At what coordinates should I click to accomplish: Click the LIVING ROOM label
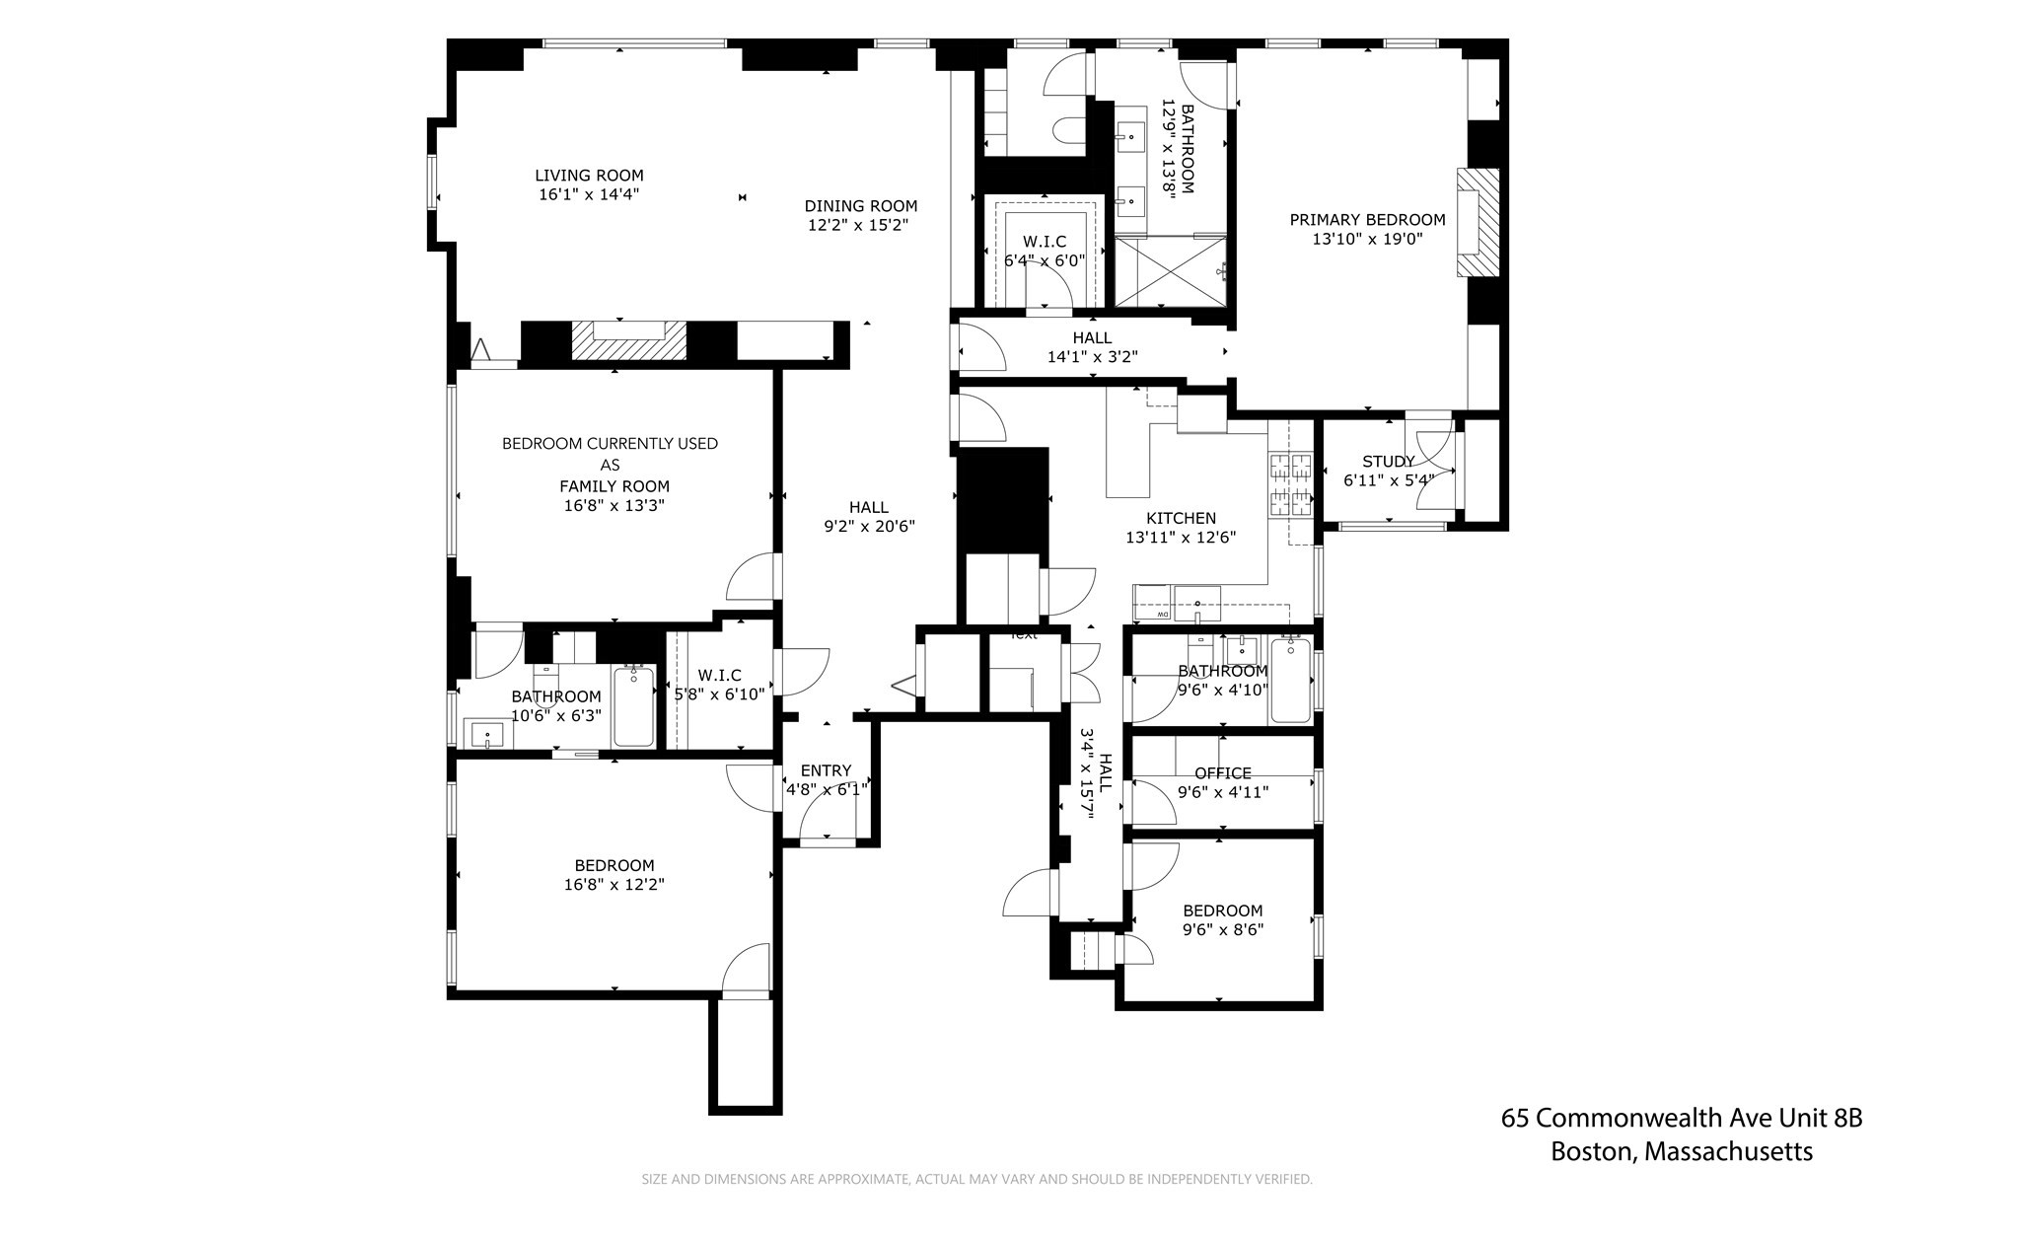[x=589, y=176]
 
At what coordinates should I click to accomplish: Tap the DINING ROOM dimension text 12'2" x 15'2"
[x=857, y=225]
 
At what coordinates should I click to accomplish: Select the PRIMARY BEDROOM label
[x=1367, y=220]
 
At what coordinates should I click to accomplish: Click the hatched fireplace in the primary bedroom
[x=1478, y=222]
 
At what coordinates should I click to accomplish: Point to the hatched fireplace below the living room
[x=619, y=341]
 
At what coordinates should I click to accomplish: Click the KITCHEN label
[x=1181, y=518]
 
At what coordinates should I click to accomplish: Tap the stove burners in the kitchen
[x=1291, y=484]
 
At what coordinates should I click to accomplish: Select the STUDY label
[x=1387, y=462]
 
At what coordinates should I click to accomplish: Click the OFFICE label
[x=1222, y=773]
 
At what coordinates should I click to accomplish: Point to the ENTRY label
[x=826, y=770]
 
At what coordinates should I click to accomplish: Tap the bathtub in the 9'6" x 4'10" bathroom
[x=1290, y=681]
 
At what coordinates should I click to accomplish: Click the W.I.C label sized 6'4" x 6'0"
[x=1044, y=242]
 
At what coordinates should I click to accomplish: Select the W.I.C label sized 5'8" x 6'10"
[x=719, y=675]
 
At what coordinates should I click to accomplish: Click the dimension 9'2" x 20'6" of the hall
[x=869, y=527]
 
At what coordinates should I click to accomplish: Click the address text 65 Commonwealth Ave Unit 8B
[x=1681, y=1118]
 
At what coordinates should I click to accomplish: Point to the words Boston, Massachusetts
[x=1681, y=1151]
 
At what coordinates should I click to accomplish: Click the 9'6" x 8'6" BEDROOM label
[x=1222, y=911]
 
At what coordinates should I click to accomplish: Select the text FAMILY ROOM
[x=613, y=485]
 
